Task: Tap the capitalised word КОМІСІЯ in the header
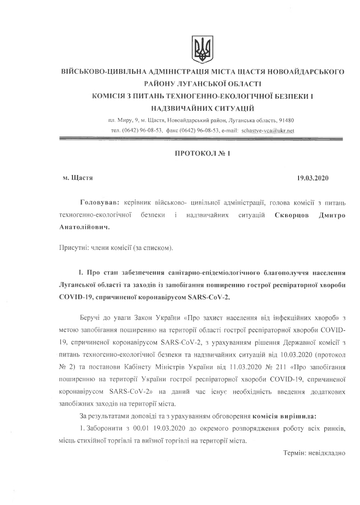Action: point(108,96)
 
